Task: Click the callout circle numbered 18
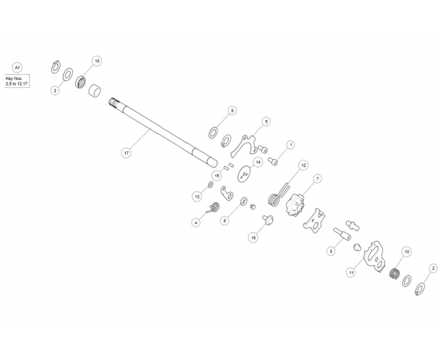pyautogui.click(x=97, y=61)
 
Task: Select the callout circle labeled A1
pyautogui.click(x=17, y=68)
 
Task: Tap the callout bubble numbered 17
pyautogui.click(x=126, y=153)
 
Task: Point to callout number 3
pyautogui.click(x=55, y=91)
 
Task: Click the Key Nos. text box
pyautogui.click(x=17, y=81)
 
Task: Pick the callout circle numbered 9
pyautogui.click(x=232, y=110)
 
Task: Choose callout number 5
pyautogui.click(x=266, y=121)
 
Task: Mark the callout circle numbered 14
pyautogui.click(x=258, y=162)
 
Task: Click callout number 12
pyautogui.click(x=303, y=165)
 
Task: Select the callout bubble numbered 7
pyautogui.click(x=317, y=179)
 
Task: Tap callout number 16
pyautogui.click(x=253, y=238)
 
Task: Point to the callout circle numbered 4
pyautogui.click(x=196, y=223)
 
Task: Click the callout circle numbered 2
pyautogui.click(x=433, y=268)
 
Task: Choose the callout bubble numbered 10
pyautogui.click(x=406, y=251)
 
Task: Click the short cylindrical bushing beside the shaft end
pyautogui.click(x=95, y=91)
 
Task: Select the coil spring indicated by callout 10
pyautogui.click(x=396, y=273)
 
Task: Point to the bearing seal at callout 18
pyautogui.click(x=81, y=82)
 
